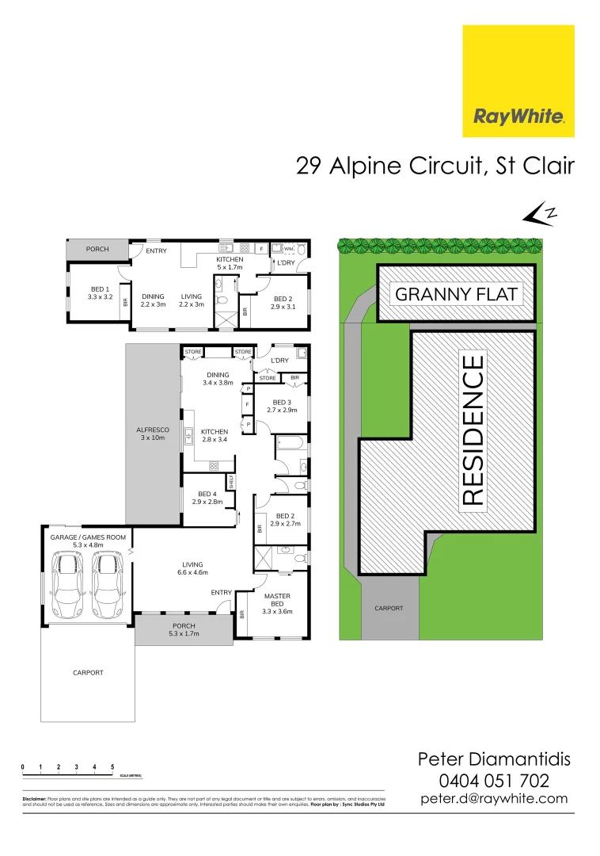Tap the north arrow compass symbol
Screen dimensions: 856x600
pyautogui.click(x=541, y=213)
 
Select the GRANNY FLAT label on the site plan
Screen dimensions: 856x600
pyautogui.click(x=456, y=295)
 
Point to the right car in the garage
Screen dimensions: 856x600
pyautogui.click(x=105, y=585)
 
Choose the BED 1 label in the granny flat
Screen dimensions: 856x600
pyautogui.click(x=100, y=293)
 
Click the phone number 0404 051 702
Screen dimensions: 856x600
pyautogui.click(x=494, y=780)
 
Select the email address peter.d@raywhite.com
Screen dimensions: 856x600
pyautogui.click(x=494, y=799)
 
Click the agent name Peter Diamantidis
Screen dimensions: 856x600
pyautogui.click(x=494, y=759)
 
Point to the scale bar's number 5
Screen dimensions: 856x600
pyautogui.click(x=113, y=767)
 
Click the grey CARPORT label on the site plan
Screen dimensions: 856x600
pyautogui.click(x=389, y=609)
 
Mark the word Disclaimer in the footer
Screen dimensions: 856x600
pyautogui.click(x=34, y=799)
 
